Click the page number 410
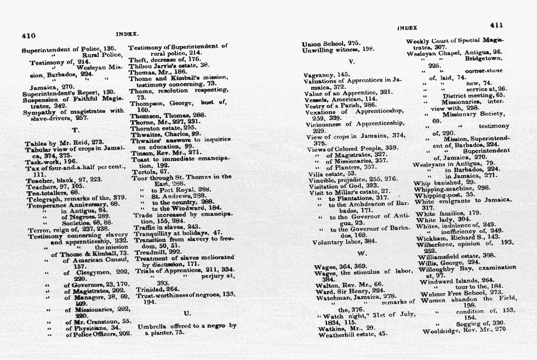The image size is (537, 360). pos(28,36)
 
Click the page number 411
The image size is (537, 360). pos(496,25)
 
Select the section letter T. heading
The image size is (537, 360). pos(76,130)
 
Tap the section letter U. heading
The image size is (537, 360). pos(187,313)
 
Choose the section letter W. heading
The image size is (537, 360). pos(362,254)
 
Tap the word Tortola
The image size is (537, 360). pos(143,172)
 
